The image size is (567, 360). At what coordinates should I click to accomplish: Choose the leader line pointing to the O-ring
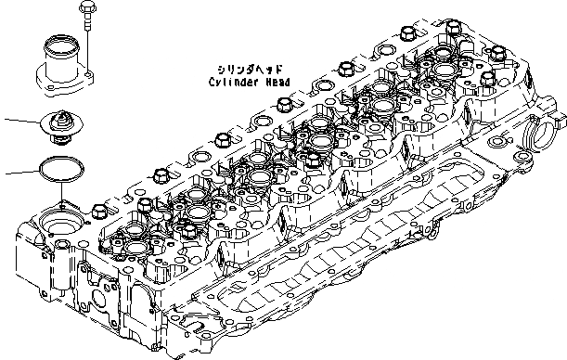pyautogui.click(x=19, y=173)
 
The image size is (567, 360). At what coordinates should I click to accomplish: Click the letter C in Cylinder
pyautogui.click(x=212, y=82)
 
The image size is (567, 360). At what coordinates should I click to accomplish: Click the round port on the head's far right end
pyautogui.click(x=542, y=144)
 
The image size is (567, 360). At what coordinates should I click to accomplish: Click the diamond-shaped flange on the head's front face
pyautogui.click(x=101, y=301)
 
